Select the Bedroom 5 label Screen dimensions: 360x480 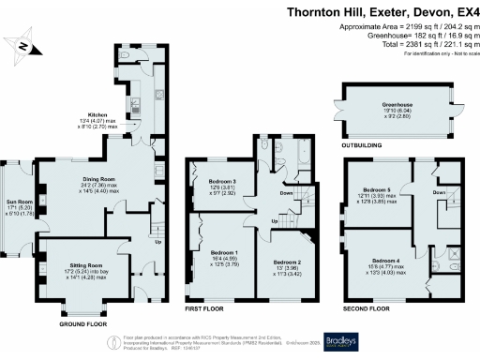coord(380,189)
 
